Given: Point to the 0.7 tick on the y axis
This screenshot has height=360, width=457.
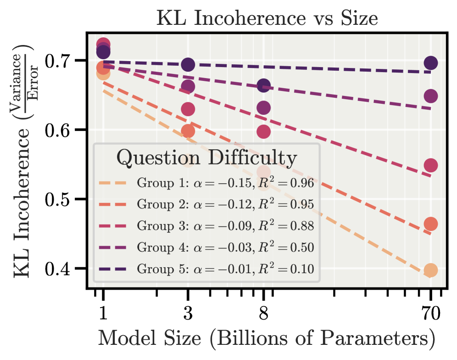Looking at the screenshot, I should (62, 61).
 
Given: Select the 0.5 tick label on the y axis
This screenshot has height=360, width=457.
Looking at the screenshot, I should (62, 200).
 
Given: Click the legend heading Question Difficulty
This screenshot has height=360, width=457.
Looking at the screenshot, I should (206, 158).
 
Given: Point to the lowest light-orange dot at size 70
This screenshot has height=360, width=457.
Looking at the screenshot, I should (431, 270).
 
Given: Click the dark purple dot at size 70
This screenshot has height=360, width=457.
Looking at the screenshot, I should (431, 63).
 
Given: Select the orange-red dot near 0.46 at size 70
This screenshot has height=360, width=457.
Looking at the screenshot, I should (431, 224).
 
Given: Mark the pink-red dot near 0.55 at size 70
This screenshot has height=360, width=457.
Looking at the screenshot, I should (431, 165).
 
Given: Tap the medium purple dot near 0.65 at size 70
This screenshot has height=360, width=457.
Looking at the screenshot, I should (431, 96).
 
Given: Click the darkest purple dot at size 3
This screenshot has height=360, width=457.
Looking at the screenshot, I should (188, 65).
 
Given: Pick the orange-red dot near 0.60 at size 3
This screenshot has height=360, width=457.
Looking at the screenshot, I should (188, 131).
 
